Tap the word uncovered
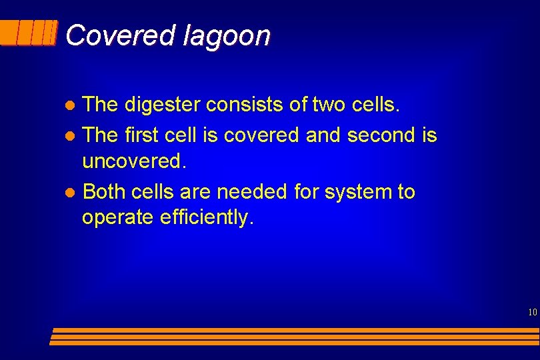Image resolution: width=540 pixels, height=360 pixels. point(132,161)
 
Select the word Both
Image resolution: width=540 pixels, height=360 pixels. point(104,192)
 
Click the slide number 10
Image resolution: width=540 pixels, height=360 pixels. point(531,312)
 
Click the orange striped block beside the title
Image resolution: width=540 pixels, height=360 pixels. point(29,33)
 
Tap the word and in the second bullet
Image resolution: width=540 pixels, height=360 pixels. point(322,135)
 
